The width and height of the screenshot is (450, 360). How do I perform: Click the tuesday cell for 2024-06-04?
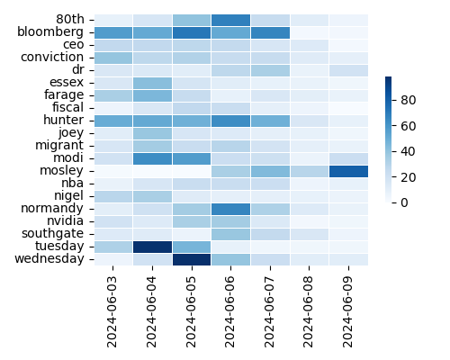click(152, 246)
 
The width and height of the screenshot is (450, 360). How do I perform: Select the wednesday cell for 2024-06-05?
click(192, 258)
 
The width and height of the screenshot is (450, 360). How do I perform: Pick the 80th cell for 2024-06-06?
click(230, 19)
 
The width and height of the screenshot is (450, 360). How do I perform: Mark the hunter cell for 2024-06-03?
click(112, 120)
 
